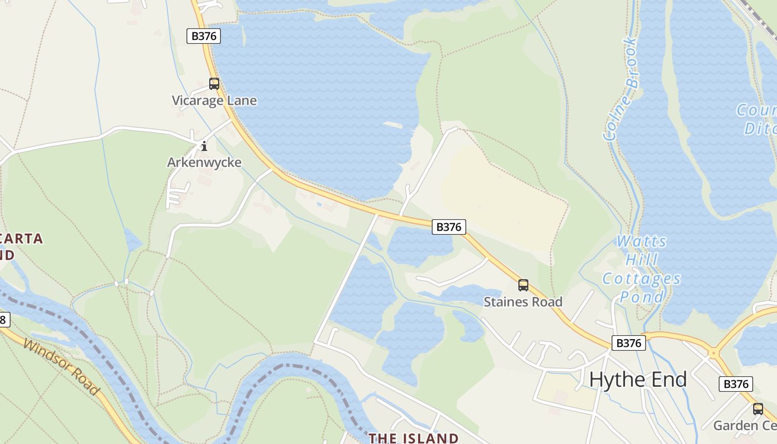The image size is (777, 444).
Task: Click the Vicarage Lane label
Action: pos(214,100)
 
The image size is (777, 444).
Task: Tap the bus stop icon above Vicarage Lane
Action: pos(214,84)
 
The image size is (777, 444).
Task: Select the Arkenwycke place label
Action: pos(204,163)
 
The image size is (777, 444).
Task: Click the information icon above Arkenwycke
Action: pos(204,146)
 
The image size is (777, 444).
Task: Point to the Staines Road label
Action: pos(523,302)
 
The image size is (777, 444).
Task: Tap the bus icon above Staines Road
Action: pos(523,285)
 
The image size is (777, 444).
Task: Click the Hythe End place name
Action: pos(638,380)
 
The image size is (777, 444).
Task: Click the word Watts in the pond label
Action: pos(642,241)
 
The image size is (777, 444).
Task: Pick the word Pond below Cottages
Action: pos(642,297)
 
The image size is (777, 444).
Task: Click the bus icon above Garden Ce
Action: pos(758,409)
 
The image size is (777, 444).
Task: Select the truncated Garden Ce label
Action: pos(744,426)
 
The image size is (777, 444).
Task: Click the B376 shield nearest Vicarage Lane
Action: pos(204,36)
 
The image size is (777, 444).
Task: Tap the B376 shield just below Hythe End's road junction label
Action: pos(629,343)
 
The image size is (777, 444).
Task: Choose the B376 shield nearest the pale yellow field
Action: pos(449,226)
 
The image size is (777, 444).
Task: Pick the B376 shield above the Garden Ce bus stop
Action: pos(736,384)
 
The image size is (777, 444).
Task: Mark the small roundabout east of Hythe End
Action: pos(713,352)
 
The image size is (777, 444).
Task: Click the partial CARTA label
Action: pos(22,239)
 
